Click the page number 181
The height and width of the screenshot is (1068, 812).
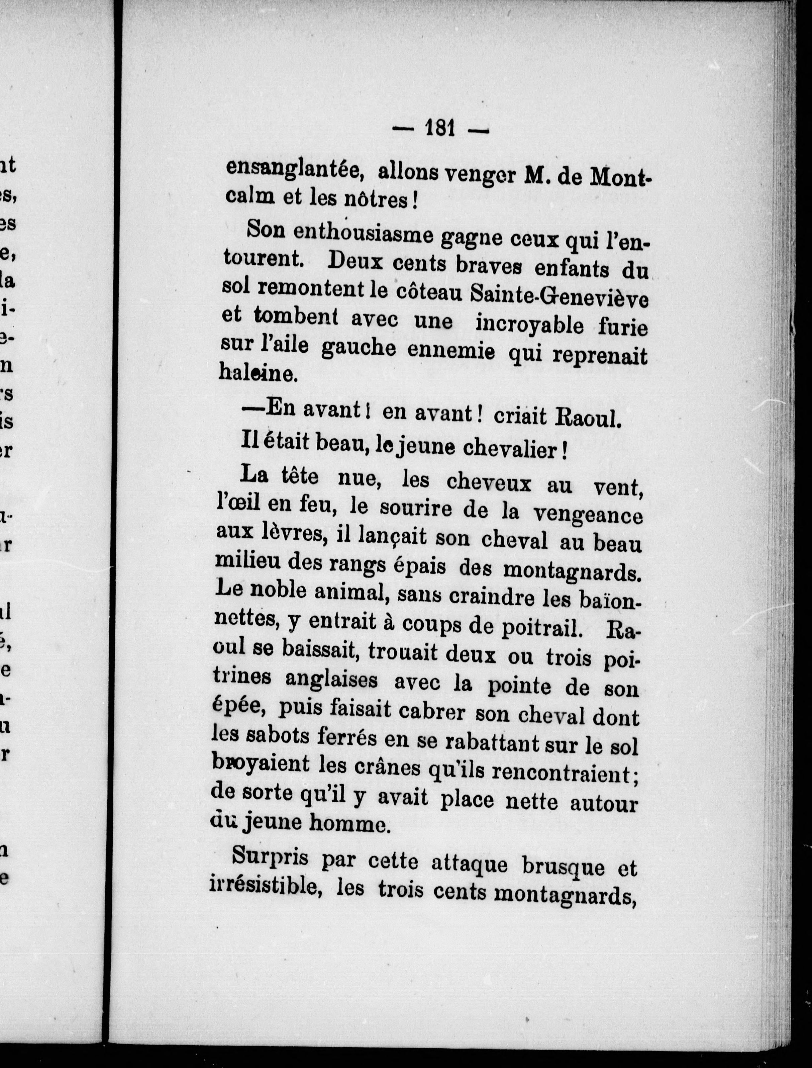click(440, 128)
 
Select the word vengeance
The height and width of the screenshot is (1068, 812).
click(587, 514)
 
